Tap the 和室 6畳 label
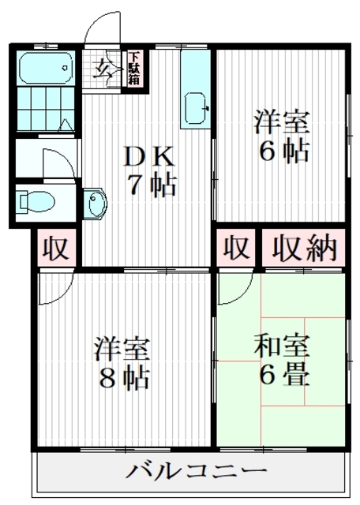click(x=282, y=359)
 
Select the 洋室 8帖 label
click(x=122, y=364)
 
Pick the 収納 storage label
click(x=304, y=249)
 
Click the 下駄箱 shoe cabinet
click(x=135, y=68)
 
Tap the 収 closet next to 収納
click(x=235, y=249)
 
